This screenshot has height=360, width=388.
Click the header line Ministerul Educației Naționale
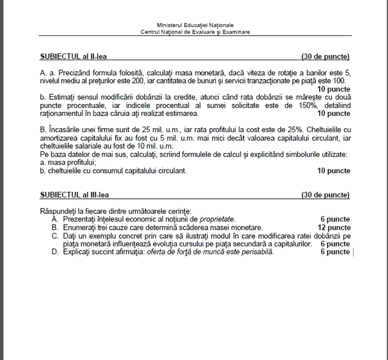click(x=195, y=25)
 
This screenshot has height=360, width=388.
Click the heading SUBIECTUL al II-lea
click(x=73, y=57)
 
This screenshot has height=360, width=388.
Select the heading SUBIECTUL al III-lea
click(x=74, y=195)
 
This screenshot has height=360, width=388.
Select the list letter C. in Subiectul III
click(x=55, y=236)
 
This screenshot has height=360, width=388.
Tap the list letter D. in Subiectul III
click(x=55, y=252)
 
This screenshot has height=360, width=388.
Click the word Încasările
click(x=65, y=130)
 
